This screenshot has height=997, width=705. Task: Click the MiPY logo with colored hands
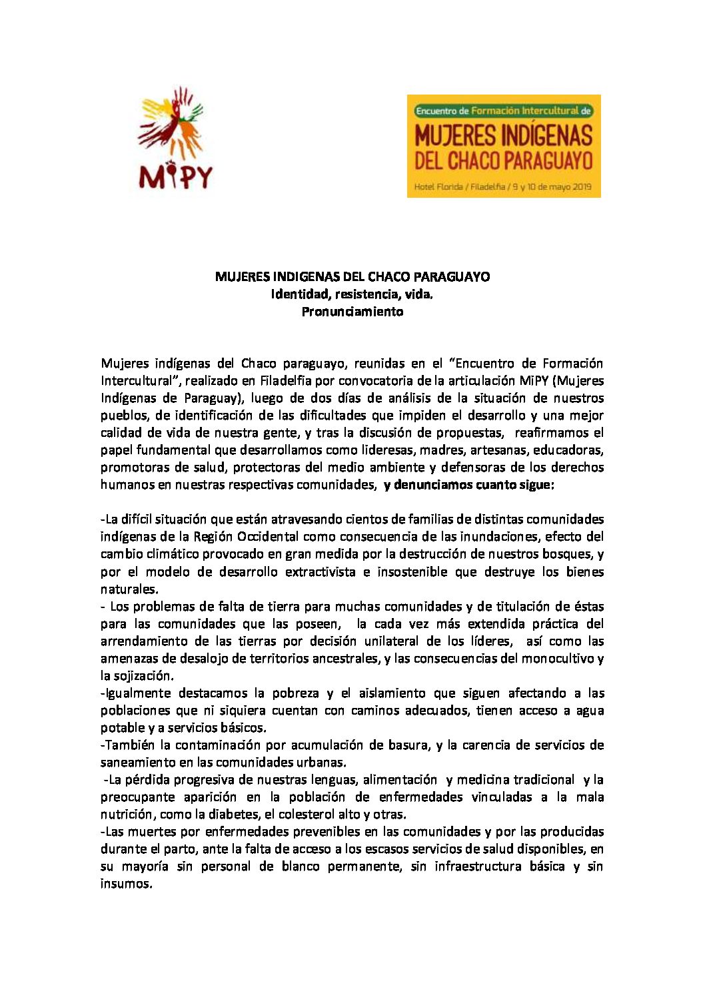click(175, 138)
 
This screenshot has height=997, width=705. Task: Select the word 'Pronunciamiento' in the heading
click(352, 311)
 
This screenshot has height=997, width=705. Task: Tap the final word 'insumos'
click(126, 883)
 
